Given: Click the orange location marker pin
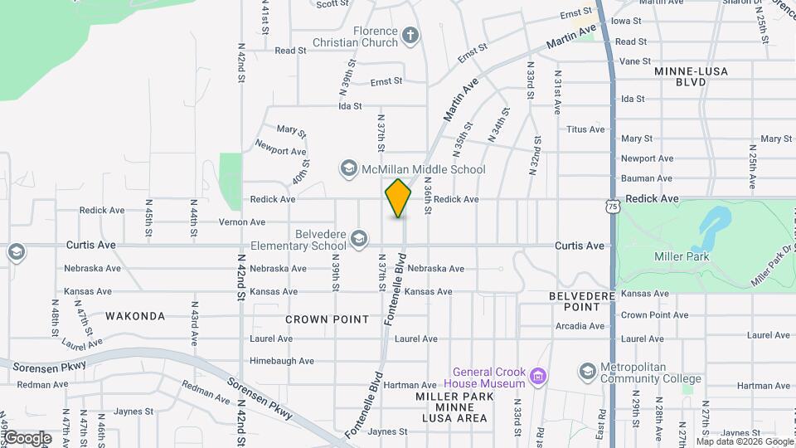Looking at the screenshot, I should (398, 198).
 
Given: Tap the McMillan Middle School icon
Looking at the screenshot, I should (348, 169).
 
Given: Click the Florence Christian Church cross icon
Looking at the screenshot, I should (410, 35).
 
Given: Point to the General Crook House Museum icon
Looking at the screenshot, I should (538, 377).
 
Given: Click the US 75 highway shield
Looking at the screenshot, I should (612, 205).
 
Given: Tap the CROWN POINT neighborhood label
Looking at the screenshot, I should (326, 319).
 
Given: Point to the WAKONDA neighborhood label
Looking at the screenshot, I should (135, 316).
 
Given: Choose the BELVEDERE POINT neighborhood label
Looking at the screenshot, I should (581, 301).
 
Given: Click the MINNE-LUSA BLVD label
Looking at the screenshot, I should (691, 77).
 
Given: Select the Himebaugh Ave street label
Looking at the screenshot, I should (282, 361).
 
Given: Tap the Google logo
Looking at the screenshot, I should (27, 438).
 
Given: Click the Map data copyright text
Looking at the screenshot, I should (745, 441).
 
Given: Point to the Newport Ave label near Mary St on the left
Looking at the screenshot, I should (280, 151).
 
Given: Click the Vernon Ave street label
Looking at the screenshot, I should (242, 222).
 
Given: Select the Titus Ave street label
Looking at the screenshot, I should (586, 129).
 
